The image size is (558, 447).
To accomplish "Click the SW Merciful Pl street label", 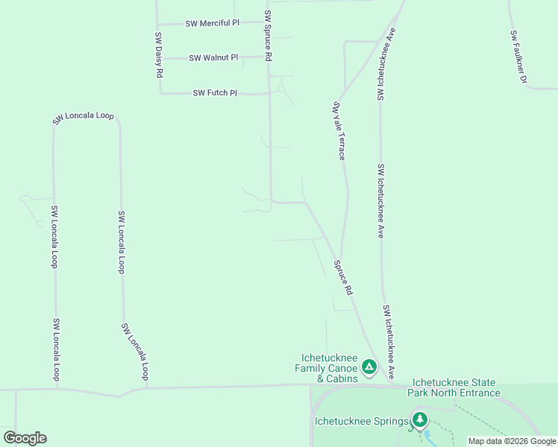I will tap(213, 23).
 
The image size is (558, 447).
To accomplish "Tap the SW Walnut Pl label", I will tap(213, 57).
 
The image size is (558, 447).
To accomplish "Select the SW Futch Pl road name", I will tap(215, 93).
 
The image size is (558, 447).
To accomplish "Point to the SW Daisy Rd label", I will tap(159, 55).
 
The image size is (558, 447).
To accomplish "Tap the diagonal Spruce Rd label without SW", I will tap(342, 277).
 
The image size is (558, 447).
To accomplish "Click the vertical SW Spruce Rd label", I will tap(268, 36).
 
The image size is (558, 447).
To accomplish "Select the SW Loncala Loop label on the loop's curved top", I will tap(83, 118).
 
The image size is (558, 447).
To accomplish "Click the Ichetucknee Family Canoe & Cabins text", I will tap(327, 368).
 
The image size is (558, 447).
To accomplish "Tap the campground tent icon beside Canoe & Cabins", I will tap(369, 367).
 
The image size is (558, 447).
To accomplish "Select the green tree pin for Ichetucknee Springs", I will tap(420, 420).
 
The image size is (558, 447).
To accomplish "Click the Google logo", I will tap(25, 438).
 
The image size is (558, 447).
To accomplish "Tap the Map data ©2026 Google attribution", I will tap(512, 441).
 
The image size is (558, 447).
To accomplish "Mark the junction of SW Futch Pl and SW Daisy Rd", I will tap(160, 93).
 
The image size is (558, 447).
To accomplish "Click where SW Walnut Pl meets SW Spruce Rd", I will tap(269, 57).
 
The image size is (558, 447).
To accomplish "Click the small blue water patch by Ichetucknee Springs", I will tap(427, 433).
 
